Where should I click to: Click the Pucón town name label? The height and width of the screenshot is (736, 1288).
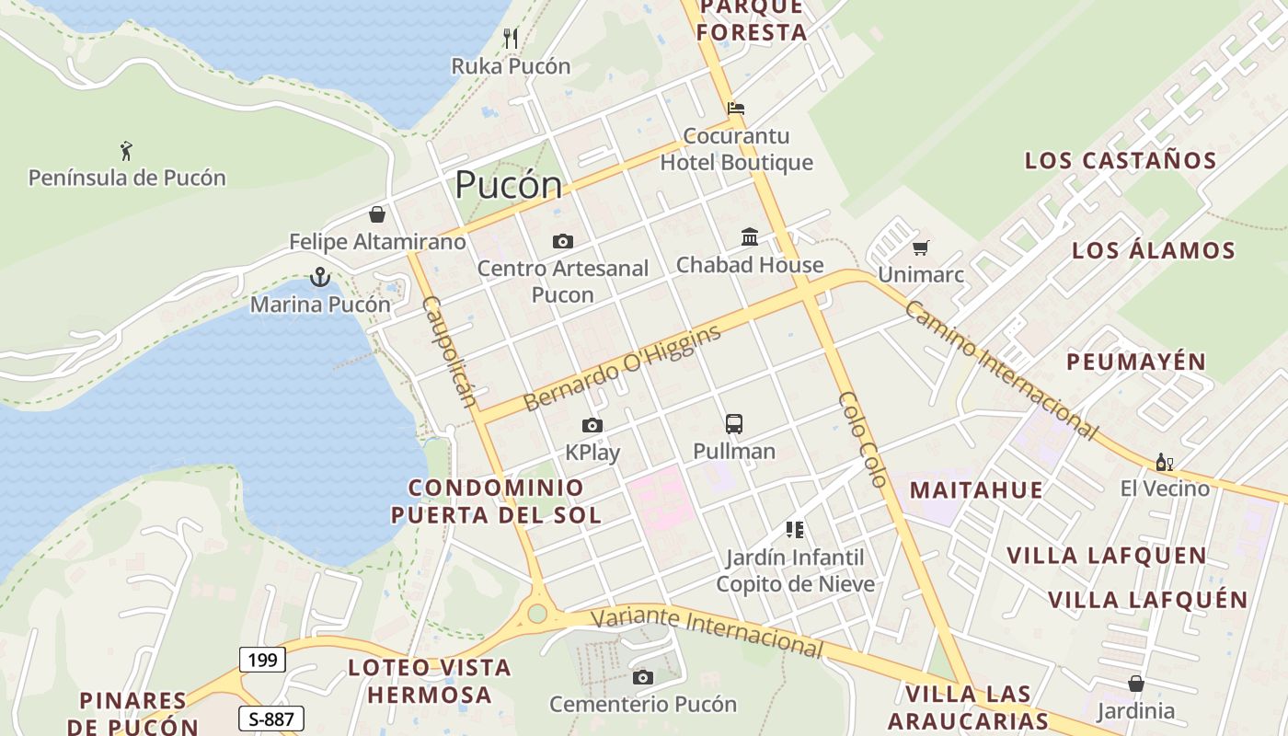pyautogui.click(x=508, y=185)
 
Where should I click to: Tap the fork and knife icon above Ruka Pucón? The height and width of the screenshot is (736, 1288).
pyautogui.click(x=512, y=39)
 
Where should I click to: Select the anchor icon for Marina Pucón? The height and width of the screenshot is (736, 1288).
pyautogui.click(x=319, y=276)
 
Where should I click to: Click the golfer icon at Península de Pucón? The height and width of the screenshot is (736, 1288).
pyautogui.click(x=126, y=150)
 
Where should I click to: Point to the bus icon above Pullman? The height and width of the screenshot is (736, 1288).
pyautogui.click(x=733, y=424)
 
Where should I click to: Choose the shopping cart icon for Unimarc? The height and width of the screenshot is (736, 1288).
pyautogui.click(x=920, y=247)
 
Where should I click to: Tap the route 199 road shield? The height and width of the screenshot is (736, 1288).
pyautogui.click(x=263, y=660)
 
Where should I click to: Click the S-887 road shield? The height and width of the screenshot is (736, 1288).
pyautogui.click(x=271, y=719)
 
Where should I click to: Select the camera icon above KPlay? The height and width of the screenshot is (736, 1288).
pyautogui.click(x=592, y=425)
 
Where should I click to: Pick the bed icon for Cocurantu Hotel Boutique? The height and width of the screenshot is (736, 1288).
pyautogui.click(x=735, y=109)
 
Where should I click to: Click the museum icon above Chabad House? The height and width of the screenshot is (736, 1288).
pyautogui.click(x=750, y=237)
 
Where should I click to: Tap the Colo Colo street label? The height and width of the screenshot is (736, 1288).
pyautogui.click(x=862, y=439)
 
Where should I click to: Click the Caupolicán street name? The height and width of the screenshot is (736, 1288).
pyautogui.click(x=450, y=351)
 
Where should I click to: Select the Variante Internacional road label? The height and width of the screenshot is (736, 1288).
pyautogui.click(x=706, y=632)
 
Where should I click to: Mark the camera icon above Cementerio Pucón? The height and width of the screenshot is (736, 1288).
pyautogui.click(x=643, y=678)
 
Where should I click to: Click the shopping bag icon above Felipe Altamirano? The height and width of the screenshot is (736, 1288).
pyautogui.click(x=377, y=215)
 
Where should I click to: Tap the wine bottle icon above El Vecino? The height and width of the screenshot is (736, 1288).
pyautogui.click(x=1164, y=462)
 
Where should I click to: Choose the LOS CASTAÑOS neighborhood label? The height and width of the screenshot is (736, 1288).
pyautogui.click(x=1121, y=161)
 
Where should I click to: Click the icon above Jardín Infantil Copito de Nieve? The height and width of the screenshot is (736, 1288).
pyautogui.click(x=795, y=530)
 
